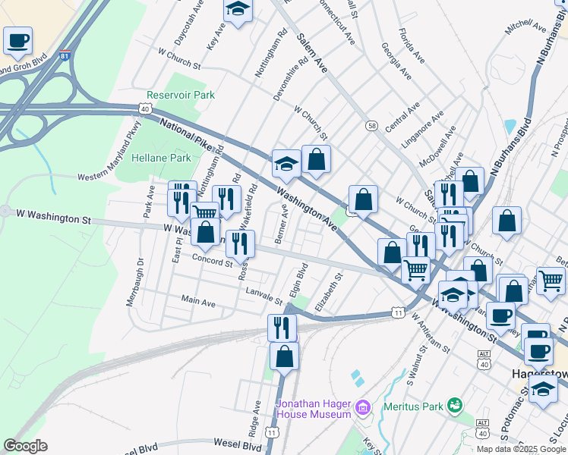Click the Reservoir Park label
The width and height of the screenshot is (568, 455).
click(181, 96)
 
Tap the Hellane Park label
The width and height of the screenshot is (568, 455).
click(161, 158)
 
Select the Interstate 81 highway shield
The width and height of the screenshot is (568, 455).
click(65, 55)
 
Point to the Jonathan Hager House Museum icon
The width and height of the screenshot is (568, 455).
click(363, 409)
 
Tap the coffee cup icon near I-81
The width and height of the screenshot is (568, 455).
click(17, 40)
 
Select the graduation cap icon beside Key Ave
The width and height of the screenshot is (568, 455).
click(238, 10)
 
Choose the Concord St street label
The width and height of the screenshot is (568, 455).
click(211, 262)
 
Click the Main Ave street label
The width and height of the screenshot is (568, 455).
click(198, 302)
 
